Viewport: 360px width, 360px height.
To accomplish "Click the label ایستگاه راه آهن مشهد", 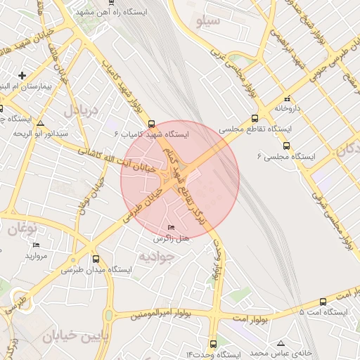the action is click(x=105, y=13).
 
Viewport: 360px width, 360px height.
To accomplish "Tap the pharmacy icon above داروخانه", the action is click(x=286, y=98).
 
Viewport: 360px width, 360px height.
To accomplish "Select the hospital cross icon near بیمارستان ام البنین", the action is click(x=22, y=75).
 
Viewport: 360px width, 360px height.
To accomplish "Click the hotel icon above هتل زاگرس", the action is click(x=173, y=228).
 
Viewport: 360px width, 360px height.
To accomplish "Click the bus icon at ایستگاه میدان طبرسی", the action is click(x=96, y=259).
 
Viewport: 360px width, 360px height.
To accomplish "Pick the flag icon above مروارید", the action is click(x=36, y=245).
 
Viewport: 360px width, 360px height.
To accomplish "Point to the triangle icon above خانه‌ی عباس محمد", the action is click(x=281, y=342).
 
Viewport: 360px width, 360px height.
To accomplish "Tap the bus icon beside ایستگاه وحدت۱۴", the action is click(x=214, y=343).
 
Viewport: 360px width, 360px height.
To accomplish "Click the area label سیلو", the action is click(x=209, y=21).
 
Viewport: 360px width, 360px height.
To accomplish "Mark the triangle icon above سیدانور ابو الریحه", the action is click(x=41, y=122).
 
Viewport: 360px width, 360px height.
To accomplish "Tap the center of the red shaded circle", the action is click(x=180, y=179).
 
